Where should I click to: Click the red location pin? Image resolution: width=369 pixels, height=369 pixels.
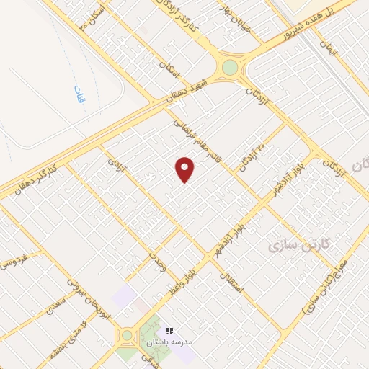pyautogui.click(x=185, y=170)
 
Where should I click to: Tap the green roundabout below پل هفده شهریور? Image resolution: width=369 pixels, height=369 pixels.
pyautogui.click(x=230, y=68)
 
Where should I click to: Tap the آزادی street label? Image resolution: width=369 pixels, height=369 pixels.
pyautogui.click(x=116, y=163)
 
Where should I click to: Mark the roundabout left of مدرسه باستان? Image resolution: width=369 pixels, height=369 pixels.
pyautogui.click(x=128, y=335)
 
